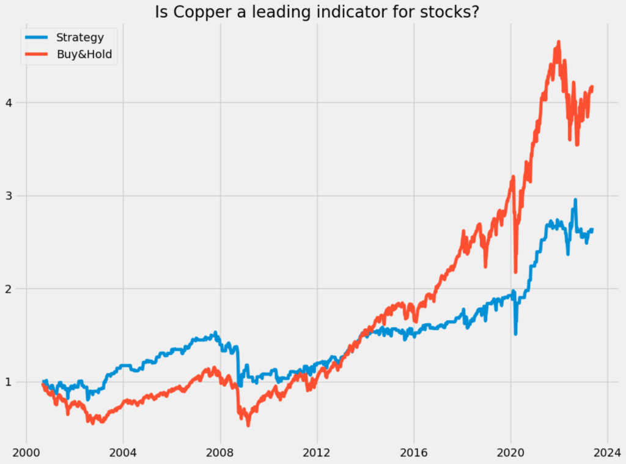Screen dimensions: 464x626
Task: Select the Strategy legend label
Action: click(79, 37)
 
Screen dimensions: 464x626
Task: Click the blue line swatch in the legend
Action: click(37, 37)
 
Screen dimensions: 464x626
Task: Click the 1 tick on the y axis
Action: click(9, 382)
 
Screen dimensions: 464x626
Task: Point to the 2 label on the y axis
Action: click(9, 289)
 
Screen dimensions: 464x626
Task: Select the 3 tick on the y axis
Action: click(9, 196)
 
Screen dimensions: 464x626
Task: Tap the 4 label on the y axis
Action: click(9, 102)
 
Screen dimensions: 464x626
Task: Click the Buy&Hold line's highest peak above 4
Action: click(558, 42)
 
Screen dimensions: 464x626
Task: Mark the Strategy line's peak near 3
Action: click(575, 200)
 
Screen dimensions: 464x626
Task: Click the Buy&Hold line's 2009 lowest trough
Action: click(248, 424)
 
